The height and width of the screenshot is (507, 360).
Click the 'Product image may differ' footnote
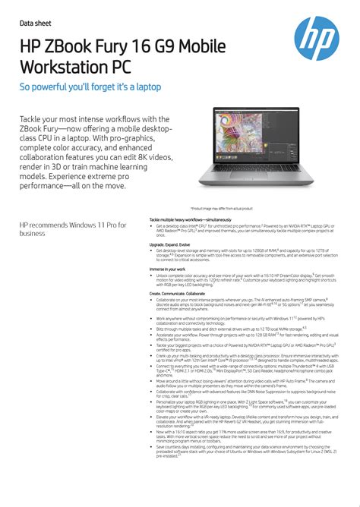click(221, 208)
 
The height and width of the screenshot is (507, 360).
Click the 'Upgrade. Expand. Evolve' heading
click(168, 245)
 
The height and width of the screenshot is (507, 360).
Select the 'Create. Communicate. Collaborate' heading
click(177, 293)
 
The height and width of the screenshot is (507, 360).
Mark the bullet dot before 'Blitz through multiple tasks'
click(152, 329)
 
